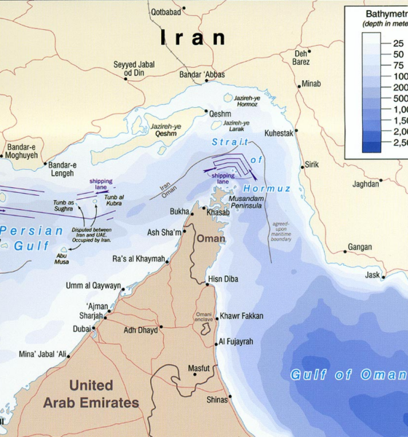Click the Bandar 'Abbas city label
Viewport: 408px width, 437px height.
[x=202, y=74]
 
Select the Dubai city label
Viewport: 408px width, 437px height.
[x=81, y=328]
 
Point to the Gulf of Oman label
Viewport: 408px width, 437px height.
[x=348, y=375]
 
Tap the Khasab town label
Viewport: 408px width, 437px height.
[x=217, y=212]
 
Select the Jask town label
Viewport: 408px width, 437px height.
[x=372, y=275]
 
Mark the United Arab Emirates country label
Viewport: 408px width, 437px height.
[x=91, y=393]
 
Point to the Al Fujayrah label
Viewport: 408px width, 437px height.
[x=235, y=342]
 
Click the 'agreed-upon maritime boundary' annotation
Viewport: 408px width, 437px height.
[x=281, y=231]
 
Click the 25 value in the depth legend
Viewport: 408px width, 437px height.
[x=399, y=43]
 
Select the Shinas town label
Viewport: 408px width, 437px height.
[x=217, y=399]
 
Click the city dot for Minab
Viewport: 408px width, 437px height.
[x=299, y=85]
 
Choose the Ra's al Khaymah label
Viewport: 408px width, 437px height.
[x=138, y=259]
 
